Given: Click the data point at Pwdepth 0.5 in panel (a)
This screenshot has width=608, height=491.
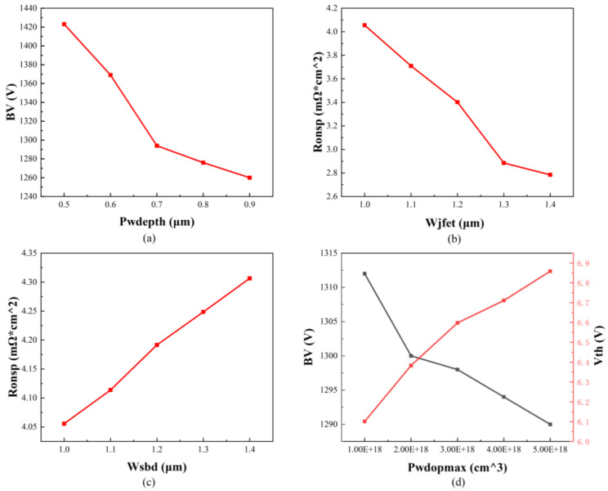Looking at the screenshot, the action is coord(64,24).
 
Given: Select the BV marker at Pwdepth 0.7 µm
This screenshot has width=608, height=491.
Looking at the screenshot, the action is coord(157,146).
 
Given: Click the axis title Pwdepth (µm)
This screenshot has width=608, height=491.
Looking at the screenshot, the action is coord(157,222).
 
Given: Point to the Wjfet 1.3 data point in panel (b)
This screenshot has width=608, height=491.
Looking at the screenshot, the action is coord(503,163).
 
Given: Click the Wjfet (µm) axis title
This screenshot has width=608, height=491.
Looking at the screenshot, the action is coord(455,223).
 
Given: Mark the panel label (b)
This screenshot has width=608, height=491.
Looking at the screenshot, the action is coord(454,239).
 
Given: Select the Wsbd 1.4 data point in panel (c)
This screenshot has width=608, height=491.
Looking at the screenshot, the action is coord(250,278).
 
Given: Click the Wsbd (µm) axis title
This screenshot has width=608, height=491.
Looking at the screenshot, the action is coord(157,467).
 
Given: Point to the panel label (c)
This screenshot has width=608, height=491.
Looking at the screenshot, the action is coord(149,483).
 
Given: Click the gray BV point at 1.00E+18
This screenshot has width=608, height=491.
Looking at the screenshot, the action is coord(364,273).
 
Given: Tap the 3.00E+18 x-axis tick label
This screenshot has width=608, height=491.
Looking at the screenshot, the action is coord(458,449).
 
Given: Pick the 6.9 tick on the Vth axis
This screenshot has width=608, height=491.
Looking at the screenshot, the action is coord(583,264).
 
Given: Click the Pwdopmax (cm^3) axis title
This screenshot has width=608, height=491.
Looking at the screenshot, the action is coord(458,468).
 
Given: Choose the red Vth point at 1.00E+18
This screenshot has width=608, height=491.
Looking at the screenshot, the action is coord(364,421).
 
